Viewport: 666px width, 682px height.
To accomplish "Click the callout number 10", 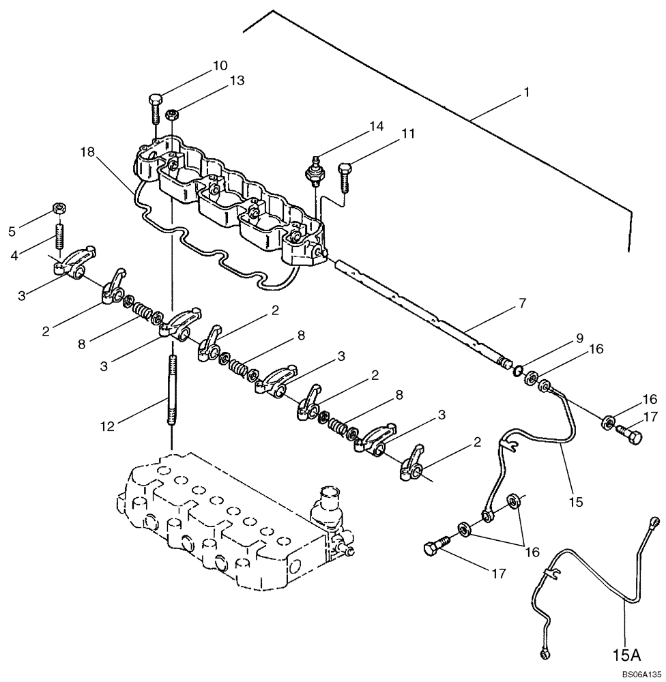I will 220,66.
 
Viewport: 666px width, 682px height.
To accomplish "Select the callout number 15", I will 576,501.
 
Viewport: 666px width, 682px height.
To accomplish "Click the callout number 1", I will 526,91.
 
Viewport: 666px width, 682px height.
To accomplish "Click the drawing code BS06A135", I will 635,674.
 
